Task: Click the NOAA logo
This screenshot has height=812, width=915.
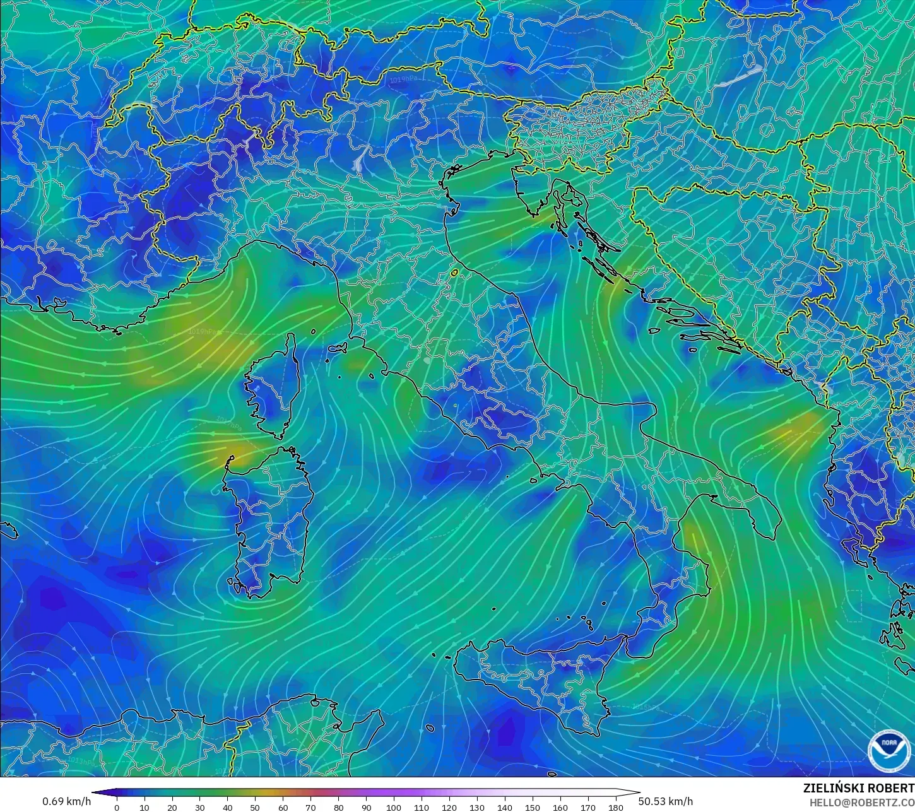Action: [x=889, y=751]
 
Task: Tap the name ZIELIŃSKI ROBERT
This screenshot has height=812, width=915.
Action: [x=858, y=788]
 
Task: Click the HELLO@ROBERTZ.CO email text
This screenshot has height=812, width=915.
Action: [x=861, y=802]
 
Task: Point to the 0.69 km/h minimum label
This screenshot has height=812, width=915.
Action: [x=67, y=801]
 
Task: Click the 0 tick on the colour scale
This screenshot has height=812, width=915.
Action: [x=117, y=808]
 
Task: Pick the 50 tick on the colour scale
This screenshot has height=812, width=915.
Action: [x=255, y=808]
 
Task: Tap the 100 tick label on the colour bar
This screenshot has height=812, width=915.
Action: [x=394, y=808]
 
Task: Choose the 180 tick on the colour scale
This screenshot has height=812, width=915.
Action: [x=615, y=808]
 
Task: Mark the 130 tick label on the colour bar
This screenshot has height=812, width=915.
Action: [x=477, y=808]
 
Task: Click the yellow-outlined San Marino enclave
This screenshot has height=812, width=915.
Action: [x=454, y=273]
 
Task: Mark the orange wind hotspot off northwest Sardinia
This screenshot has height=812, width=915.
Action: [x=237, y=451]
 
